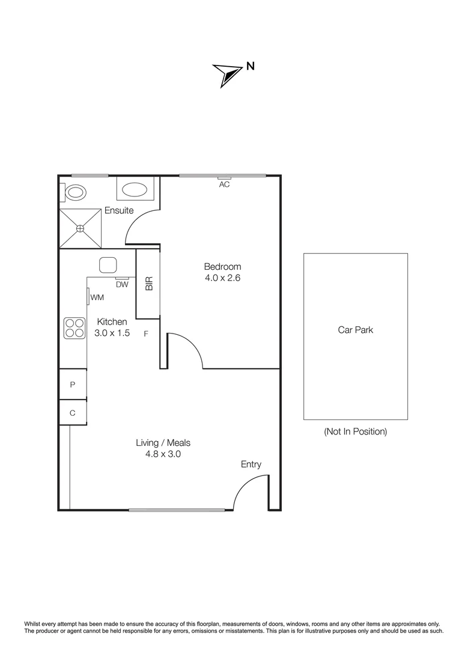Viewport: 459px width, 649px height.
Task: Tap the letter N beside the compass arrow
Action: pyautogui.click(x=249, y=67)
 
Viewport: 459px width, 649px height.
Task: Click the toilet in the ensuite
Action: pyautogui.click(x=75, y=192)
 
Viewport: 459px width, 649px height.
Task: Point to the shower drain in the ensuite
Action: pyautogui.click(x=81, y=228)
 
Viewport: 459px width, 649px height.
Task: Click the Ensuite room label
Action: pyautogui.click(x=119, y=210)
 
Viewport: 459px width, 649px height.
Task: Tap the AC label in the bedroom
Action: pyautogui.click(x=224, y=184)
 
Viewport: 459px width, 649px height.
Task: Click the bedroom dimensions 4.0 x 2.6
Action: pyautogui.click(x=222, y=278)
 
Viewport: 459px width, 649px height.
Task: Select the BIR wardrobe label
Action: pyautogui.click(x=149, y=284)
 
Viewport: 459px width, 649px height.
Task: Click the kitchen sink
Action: pyautogui.click(x=108, y=264)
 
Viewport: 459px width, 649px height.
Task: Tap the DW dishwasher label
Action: pyautogui.click(x=122, y=285)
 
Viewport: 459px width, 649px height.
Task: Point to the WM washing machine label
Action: pyautogui.click(x=97, y=297)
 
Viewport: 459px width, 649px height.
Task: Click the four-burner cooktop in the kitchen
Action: pyautogui.click(x=74, y=328)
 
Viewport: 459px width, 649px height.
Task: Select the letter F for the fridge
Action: pyautogui.click(x=146, y=333)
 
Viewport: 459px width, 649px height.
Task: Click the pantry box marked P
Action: pyautogui.click(x=72, y=385)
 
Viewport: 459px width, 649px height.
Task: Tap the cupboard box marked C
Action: pyautogui.click(x=72, y=413)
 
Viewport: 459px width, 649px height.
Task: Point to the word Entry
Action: pyautogui.click(x=251, y=464)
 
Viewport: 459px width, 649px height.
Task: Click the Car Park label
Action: pyautogui.click(x=355, y=330)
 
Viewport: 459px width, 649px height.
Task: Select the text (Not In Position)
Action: pyautogui.click(x=355, y=431)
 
